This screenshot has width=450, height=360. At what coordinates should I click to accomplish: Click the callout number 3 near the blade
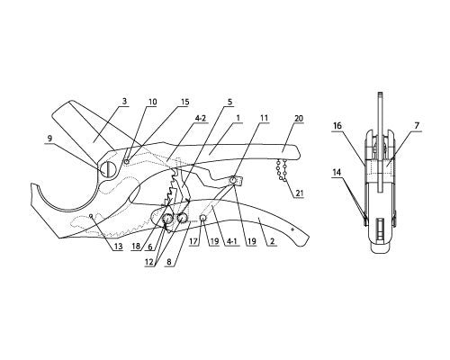pyautogui.click(x=124, y=102)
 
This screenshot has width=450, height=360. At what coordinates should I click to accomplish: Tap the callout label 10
pyautogui.click(x=152, y=102)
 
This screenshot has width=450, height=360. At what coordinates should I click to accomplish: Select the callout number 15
pyautogui.click(x=185, y=102)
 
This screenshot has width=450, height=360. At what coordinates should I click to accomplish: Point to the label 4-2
pyautogui.click(x=200, y=118)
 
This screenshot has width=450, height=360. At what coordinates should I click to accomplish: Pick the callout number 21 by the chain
pyautogui.click(x=299, y=193)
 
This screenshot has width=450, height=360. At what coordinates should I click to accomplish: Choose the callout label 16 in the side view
pyautogui.click(x=337, y=125)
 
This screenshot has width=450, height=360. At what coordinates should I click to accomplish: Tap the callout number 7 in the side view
pyautogui.click(x=417, y=126)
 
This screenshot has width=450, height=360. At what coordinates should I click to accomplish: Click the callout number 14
pyautogui.click(x=337, y=172)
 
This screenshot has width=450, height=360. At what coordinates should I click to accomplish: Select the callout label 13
pyautogui.click(x=119, y=247)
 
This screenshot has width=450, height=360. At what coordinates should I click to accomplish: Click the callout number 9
pyautogui.click(x=49, y=139)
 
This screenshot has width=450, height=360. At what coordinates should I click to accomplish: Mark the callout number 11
pyautogui.click(x=264, y=118)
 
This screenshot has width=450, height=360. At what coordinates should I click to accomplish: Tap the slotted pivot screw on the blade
pyautogui.click(x=108, y=169)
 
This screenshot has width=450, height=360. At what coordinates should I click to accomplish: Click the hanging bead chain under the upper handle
pyautogui.click(x=282, y=171)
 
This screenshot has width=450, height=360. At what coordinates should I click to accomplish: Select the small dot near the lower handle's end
pyautogui.click(x=293, y=229)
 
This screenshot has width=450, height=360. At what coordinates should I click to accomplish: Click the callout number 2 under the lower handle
pyautogui.click(x=273, y=241)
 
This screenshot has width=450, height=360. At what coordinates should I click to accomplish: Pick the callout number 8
pyautogui.click(x=169, y=261)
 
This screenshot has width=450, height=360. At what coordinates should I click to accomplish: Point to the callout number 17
pyautogui.click(x=193, y=241)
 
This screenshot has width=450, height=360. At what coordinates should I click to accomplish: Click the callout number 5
pyautogui.click(x=229, y=102)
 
